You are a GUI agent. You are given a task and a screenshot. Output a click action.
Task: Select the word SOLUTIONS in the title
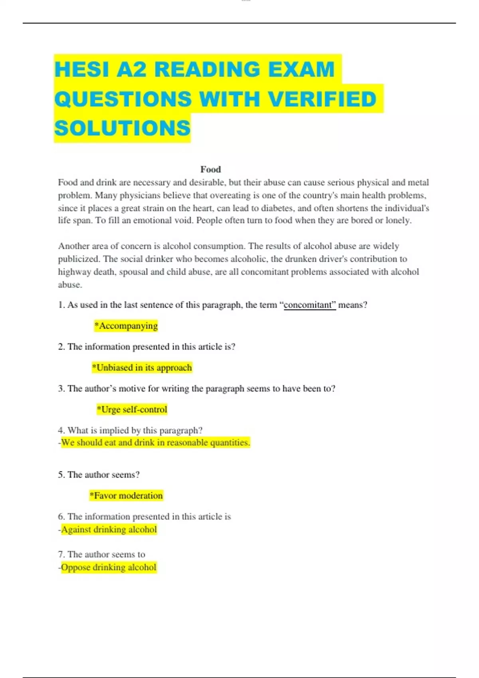pyautogui.click(x=123, y=128)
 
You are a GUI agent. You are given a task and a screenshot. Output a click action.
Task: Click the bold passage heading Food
pyautogui.click(x=210, y=169)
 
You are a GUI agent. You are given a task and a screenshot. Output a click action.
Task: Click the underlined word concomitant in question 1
pyautogui.click(x=308, y=305)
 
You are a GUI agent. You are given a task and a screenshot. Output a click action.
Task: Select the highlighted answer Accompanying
pyautogui.click(x=126, y=326)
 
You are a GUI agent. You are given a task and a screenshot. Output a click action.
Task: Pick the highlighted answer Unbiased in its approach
pyautogui.click(x=142, y=368)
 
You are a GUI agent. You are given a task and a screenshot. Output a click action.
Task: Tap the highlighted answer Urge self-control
pyautogui.click(x=132, y=410)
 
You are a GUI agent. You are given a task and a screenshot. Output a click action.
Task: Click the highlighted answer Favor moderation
pyautogui.click(x=127, y=496)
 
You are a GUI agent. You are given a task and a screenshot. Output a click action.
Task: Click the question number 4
pyautogui.click(x=61, y=430)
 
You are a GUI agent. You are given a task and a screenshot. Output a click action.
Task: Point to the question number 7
pyautogui.click(x=61, y=554)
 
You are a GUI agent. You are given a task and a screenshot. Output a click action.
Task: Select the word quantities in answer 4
pyautogui.click(x=229, y=443)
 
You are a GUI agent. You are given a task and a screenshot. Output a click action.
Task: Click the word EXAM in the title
pyautogui.click(x=301, y=69)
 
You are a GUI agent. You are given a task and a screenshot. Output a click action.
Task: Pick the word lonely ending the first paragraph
pyautogui.click(x=398, y=221)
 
